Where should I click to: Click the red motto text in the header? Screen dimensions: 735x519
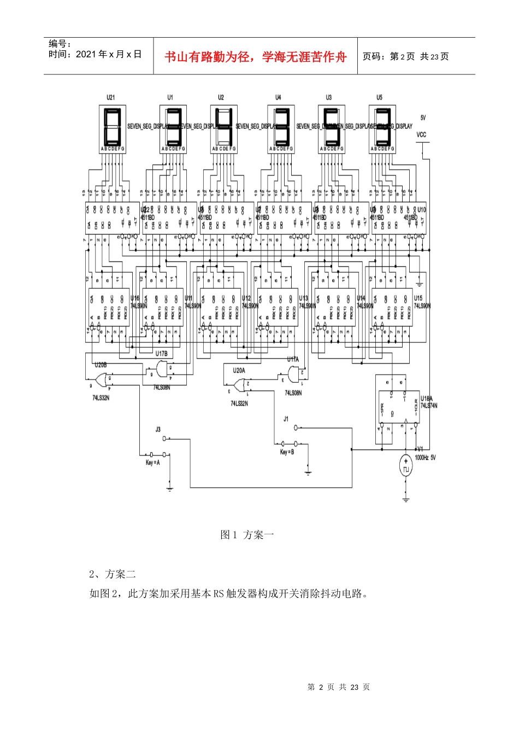pos(256,57)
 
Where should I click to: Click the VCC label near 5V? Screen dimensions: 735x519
pos(421,135)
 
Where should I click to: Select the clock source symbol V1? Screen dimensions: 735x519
pos(405,468)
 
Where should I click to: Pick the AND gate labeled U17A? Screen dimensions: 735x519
pos(294,374)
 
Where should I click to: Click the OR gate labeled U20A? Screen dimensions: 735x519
pos(240,386)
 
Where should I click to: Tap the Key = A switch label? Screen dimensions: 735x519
pos(152,463)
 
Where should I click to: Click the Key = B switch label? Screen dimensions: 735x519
pos(287,452)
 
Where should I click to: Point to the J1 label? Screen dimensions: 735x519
pos(286,419)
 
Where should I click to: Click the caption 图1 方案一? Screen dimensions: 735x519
pos(247,535)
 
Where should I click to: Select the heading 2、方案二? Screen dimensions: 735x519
pos(113,574)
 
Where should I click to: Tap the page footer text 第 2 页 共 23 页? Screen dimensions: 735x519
pos(339,687)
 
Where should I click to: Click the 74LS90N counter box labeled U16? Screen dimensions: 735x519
pos(109,307)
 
